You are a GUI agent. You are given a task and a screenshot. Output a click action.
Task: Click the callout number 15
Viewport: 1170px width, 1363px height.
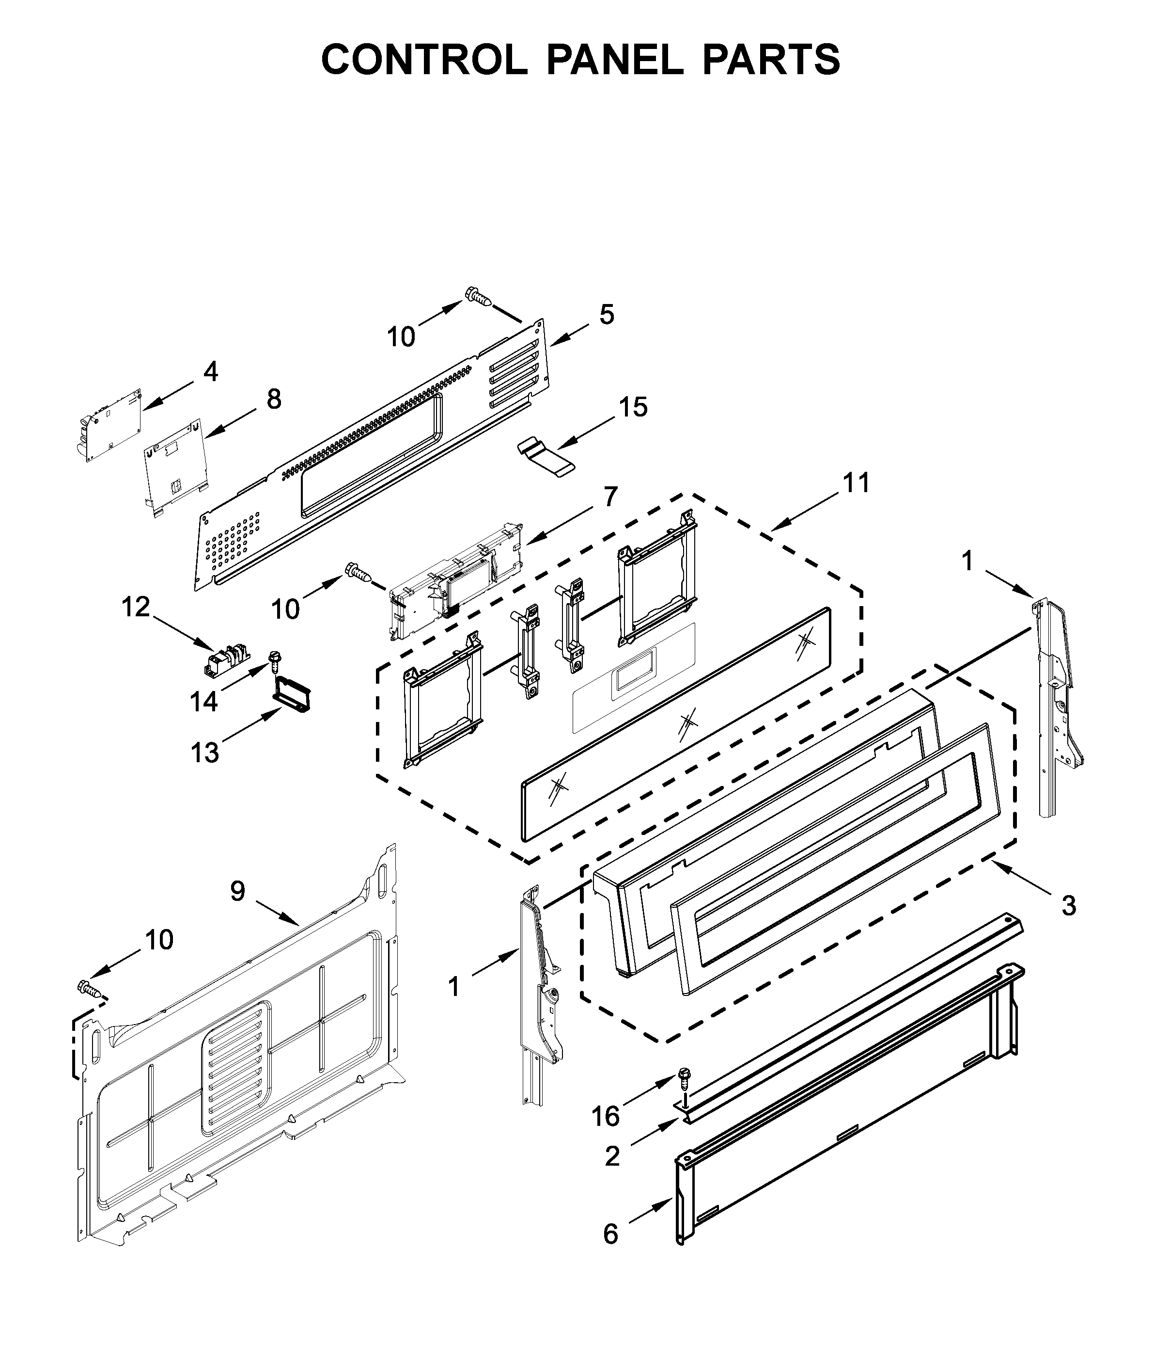point(633,407)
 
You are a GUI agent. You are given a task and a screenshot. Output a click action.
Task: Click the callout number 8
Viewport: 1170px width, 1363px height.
point(273,399)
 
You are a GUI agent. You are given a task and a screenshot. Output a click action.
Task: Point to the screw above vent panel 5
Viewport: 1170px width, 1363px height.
point(479,297)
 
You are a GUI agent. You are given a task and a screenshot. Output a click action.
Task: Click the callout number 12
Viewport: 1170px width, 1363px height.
point(135,607)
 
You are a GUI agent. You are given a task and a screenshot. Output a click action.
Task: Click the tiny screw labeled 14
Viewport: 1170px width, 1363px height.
point(273,658)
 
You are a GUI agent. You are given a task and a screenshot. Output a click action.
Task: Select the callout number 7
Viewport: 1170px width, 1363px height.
point(610,497)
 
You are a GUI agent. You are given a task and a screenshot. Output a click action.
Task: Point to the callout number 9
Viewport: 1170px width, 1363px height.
point(237,891)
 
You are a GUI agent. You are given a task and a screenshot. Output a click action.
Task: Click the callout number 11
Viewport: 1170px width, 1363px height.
point(857,483)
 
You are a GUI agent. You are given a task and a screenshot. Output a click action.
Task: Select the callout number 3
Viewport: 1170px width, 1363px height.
point(1069,906)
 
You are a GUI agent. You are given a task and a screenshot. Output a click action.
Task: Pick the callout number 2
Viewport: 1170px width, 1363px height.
point(612,1156)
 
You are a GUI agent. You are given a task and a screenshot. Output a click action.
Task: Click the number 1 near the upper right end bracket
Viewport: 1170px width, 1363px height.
point(967,561)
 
